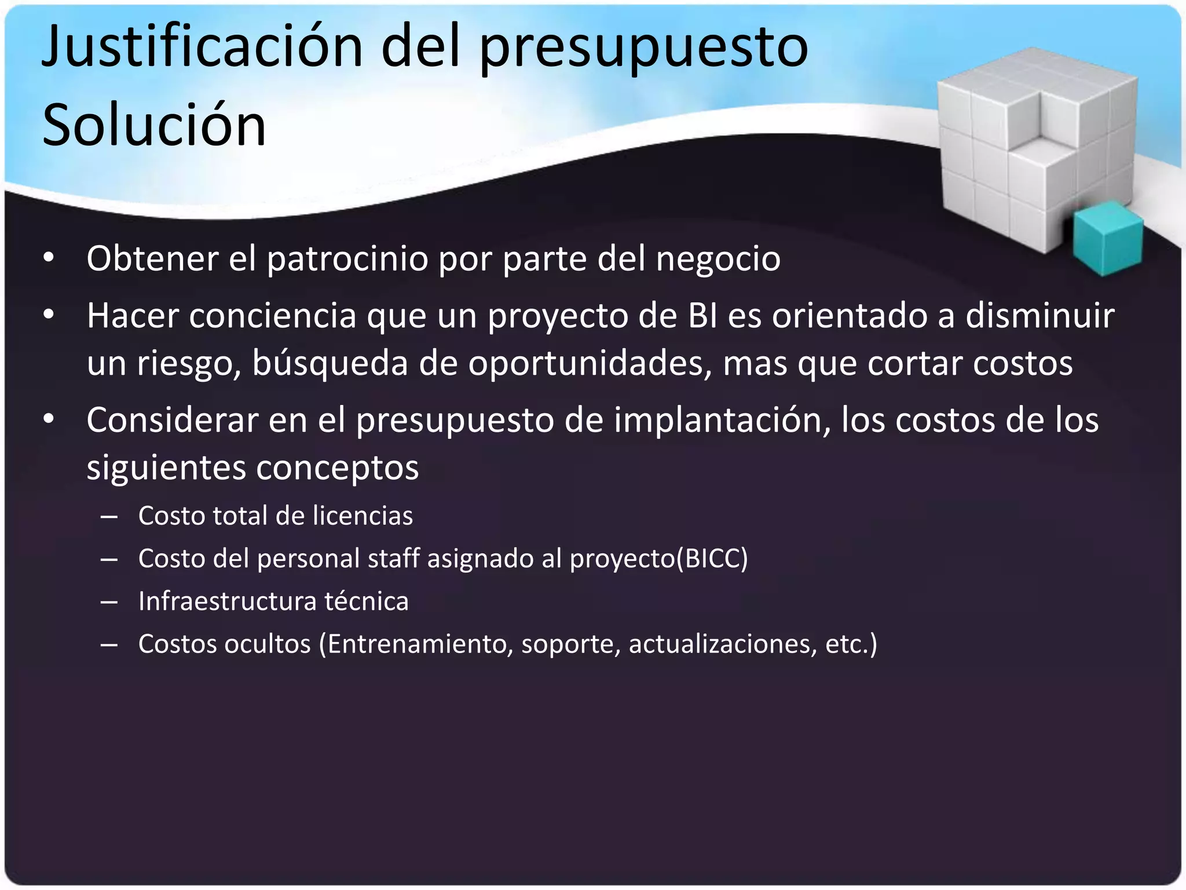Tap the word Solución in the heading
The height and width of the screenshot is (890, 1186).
tap(154, 125)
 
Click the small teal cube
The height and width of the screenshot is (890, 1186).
tap(1107, 238)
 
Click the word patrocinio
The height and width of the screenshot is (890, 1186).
tap(347, 258)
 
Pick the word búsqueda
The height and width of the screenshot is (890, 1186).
tap(330, 364)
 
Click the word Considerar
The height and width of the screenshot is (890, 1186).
tap(172, 420)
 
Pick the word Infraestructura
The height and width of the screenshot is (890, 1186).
tap(227, 601)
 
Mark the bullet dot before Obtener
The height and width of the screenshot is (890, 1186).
tap(49, 258)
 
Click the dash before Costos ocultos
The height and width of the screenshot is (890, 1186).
tap(109, 644)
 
